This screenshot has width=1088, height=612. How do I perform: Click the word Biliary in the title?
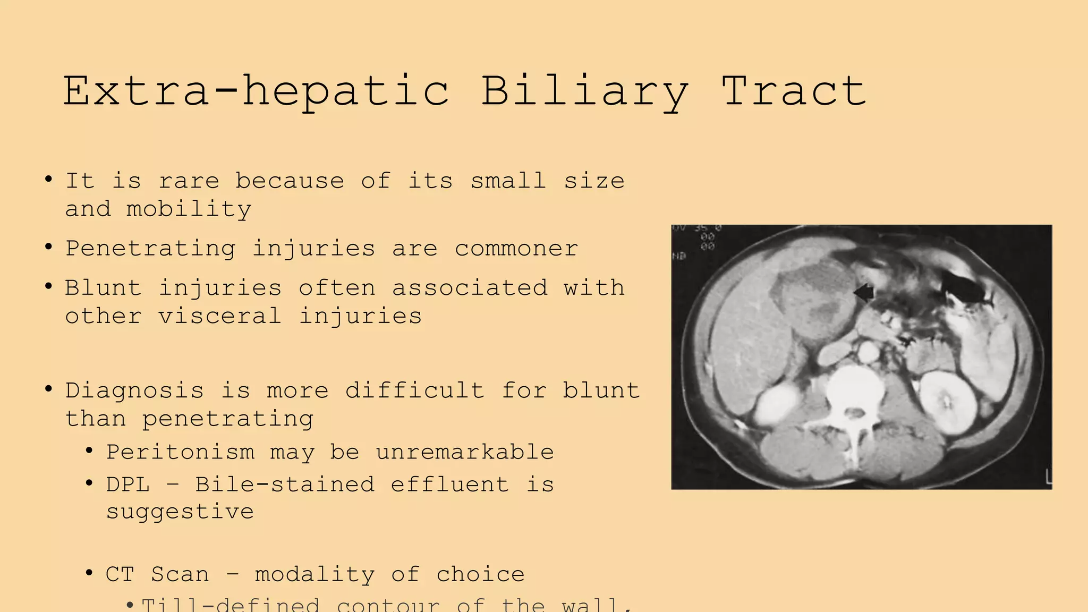584,91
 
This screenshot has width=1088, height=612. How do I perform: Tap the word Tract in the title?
794,91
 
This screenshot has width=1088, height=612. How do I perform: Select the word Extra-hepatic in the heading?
256,91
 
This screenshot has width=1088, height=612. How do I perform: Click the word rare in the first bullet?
189,181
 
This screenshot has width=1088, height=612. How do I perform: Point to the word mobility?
189,209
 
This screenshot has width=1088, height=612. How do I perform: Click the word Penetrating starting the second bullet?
150,249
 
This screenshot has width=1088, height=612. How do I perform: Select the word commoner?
516,249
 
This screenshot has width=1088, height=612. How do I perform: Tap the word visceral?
219,316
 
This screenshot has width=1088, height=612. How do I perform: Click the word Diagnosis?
134,390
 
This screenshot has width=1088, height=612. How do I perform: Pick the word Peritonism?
180,452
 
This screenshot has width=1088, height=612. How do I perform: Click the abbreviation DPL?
127,484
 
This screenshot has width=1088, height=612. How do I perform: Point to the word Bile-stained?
285,484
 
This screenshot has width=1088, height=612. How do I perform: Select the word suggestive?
180,512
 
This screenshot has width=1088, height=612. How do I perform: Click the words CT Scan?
157,574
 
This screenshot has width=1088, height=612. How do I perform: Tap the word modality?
314,574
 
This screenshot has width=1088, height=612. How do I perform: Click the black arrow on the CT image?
864,292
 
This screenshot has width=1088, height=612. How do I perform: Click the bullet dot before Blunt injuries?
49,287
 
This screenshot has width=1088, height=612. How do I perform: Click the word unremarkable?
465,452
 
